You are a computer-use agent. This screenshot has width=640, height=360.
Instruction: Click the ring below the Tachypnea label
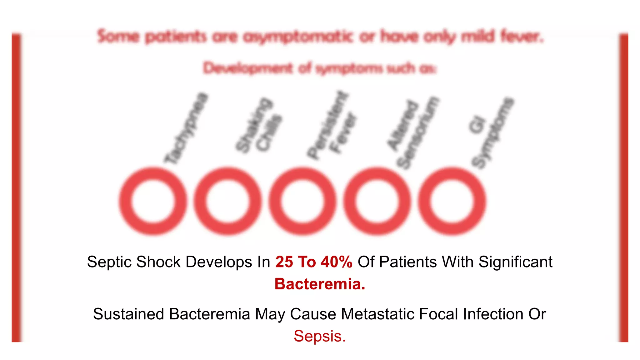tap(153, 201)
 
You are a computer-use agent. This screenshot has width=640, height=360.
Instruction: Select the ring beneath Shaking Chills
tap(227, 201)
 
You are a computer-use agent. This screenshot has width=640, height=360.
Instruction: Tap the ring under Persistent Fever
tap(302, 201)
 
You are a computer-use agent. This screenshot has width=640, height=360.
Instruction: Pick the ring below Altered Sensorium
tap(377, 201)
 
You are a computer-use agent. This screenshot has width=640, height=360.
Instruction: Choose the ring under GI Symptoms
tap(452, 201)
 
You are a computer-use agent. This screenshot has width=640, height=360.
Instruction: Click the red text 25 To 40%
tap(314, 262)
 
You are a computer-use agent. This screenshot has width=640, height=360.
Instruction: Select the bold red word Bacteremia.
tap(320, 284)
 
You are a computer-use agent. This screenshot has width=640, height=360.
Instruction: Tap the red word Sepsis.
tap(320, 336)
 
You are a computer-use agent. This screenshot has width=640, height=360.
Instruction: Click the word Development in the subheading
tap(248, 68)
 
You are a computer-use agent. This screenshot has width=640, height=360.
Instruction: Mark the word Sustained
tap(128, 314)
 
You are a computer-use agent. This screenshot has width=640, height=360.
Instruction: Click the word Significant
tap(515, 262)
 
